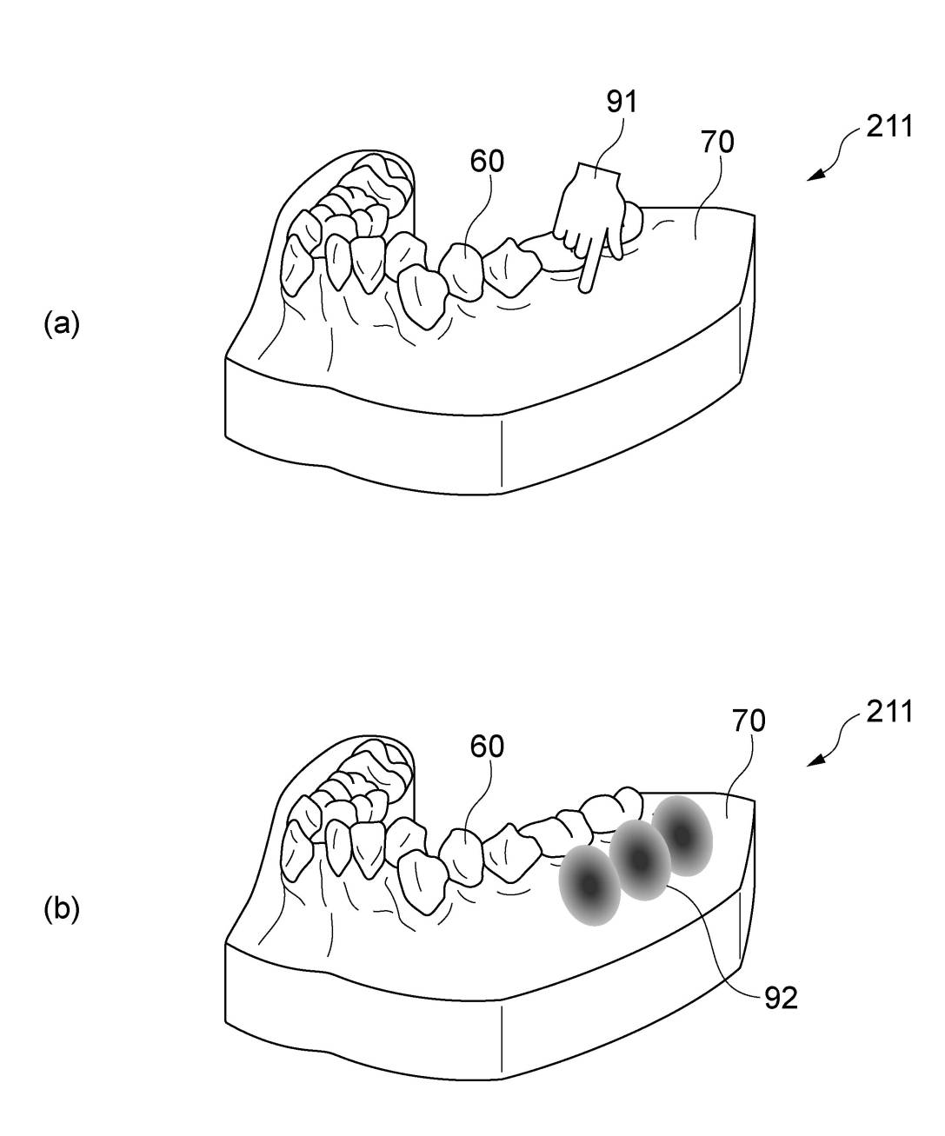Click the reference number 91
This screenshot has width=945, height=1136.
pos(622,102)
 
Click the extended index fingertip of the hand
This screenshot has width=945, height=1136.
pos(585,289)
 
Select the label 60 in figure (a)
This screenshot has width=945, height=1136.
pos(487,161)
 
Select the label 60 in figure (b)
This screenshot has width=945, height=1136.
pos(487,747)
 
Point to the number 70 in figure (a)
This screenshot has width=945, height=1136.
pos(717,143)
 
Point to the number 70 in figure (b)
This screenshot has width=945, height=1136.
pos(749,721)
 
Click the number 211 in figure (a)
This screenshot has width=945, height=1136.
pos(889,127)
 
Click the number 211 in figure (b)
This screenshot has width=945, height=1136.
pos(889,712)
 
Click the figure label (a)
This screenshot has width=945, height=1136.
pos(62,323)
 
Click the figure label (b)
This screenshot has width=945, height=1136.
pos(62,909)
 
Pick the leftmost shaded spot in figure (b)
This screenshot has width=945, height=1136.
pos(590,885)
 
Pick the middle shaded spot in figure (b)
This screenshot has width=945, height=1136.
pos(640,860)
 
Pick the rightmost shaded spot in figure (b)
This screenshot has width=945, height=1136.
pos(682,836)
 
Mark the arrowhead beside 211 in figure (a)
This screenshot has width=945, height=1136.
pos(815,175)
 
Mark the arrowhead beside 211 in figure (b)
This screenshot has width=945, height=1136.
pos(815,760)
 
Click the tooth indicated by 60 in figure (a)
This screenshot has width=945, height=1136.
pos(462,271)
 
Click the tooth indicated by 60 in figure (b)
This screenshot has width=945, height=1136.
pos(462,857)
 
